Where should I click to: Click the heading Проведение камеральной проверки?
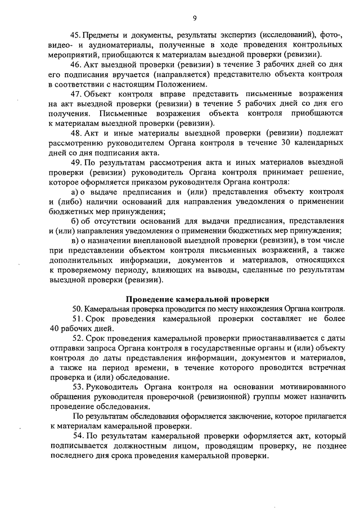197,299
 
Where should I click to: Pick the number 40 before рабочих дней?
55,328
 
